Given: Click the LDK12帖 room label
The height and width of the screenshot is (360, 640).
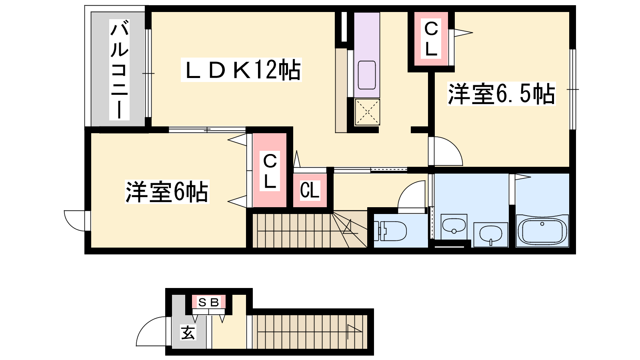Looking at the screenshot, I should tap(241, 70).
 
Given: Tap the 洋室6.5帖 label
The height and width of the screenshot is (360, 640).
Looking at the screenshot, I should tap(501, 94).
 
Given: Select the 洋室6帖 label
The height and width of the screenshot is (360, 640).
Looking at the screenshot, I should tap(167, 192).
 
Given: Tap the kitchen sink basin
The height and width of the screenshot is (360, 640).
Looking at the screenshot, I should tap(367, 75).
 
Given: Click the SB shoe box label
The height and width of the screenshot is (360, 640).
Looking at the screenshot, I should tap(208, 302).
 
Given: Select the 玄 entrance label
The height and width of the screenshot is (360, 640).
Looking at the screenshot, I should tap(188, 332).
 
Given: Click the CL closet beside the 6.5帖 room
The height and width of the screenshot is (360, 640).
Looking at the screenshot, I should tap(431, 39).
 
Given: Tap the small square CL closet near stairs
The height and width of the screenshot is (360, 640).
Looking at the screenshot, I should tap(310, 190).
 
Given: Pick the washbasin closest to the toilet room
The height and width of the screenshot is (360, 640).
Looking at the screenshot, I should tap(454, 226).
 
